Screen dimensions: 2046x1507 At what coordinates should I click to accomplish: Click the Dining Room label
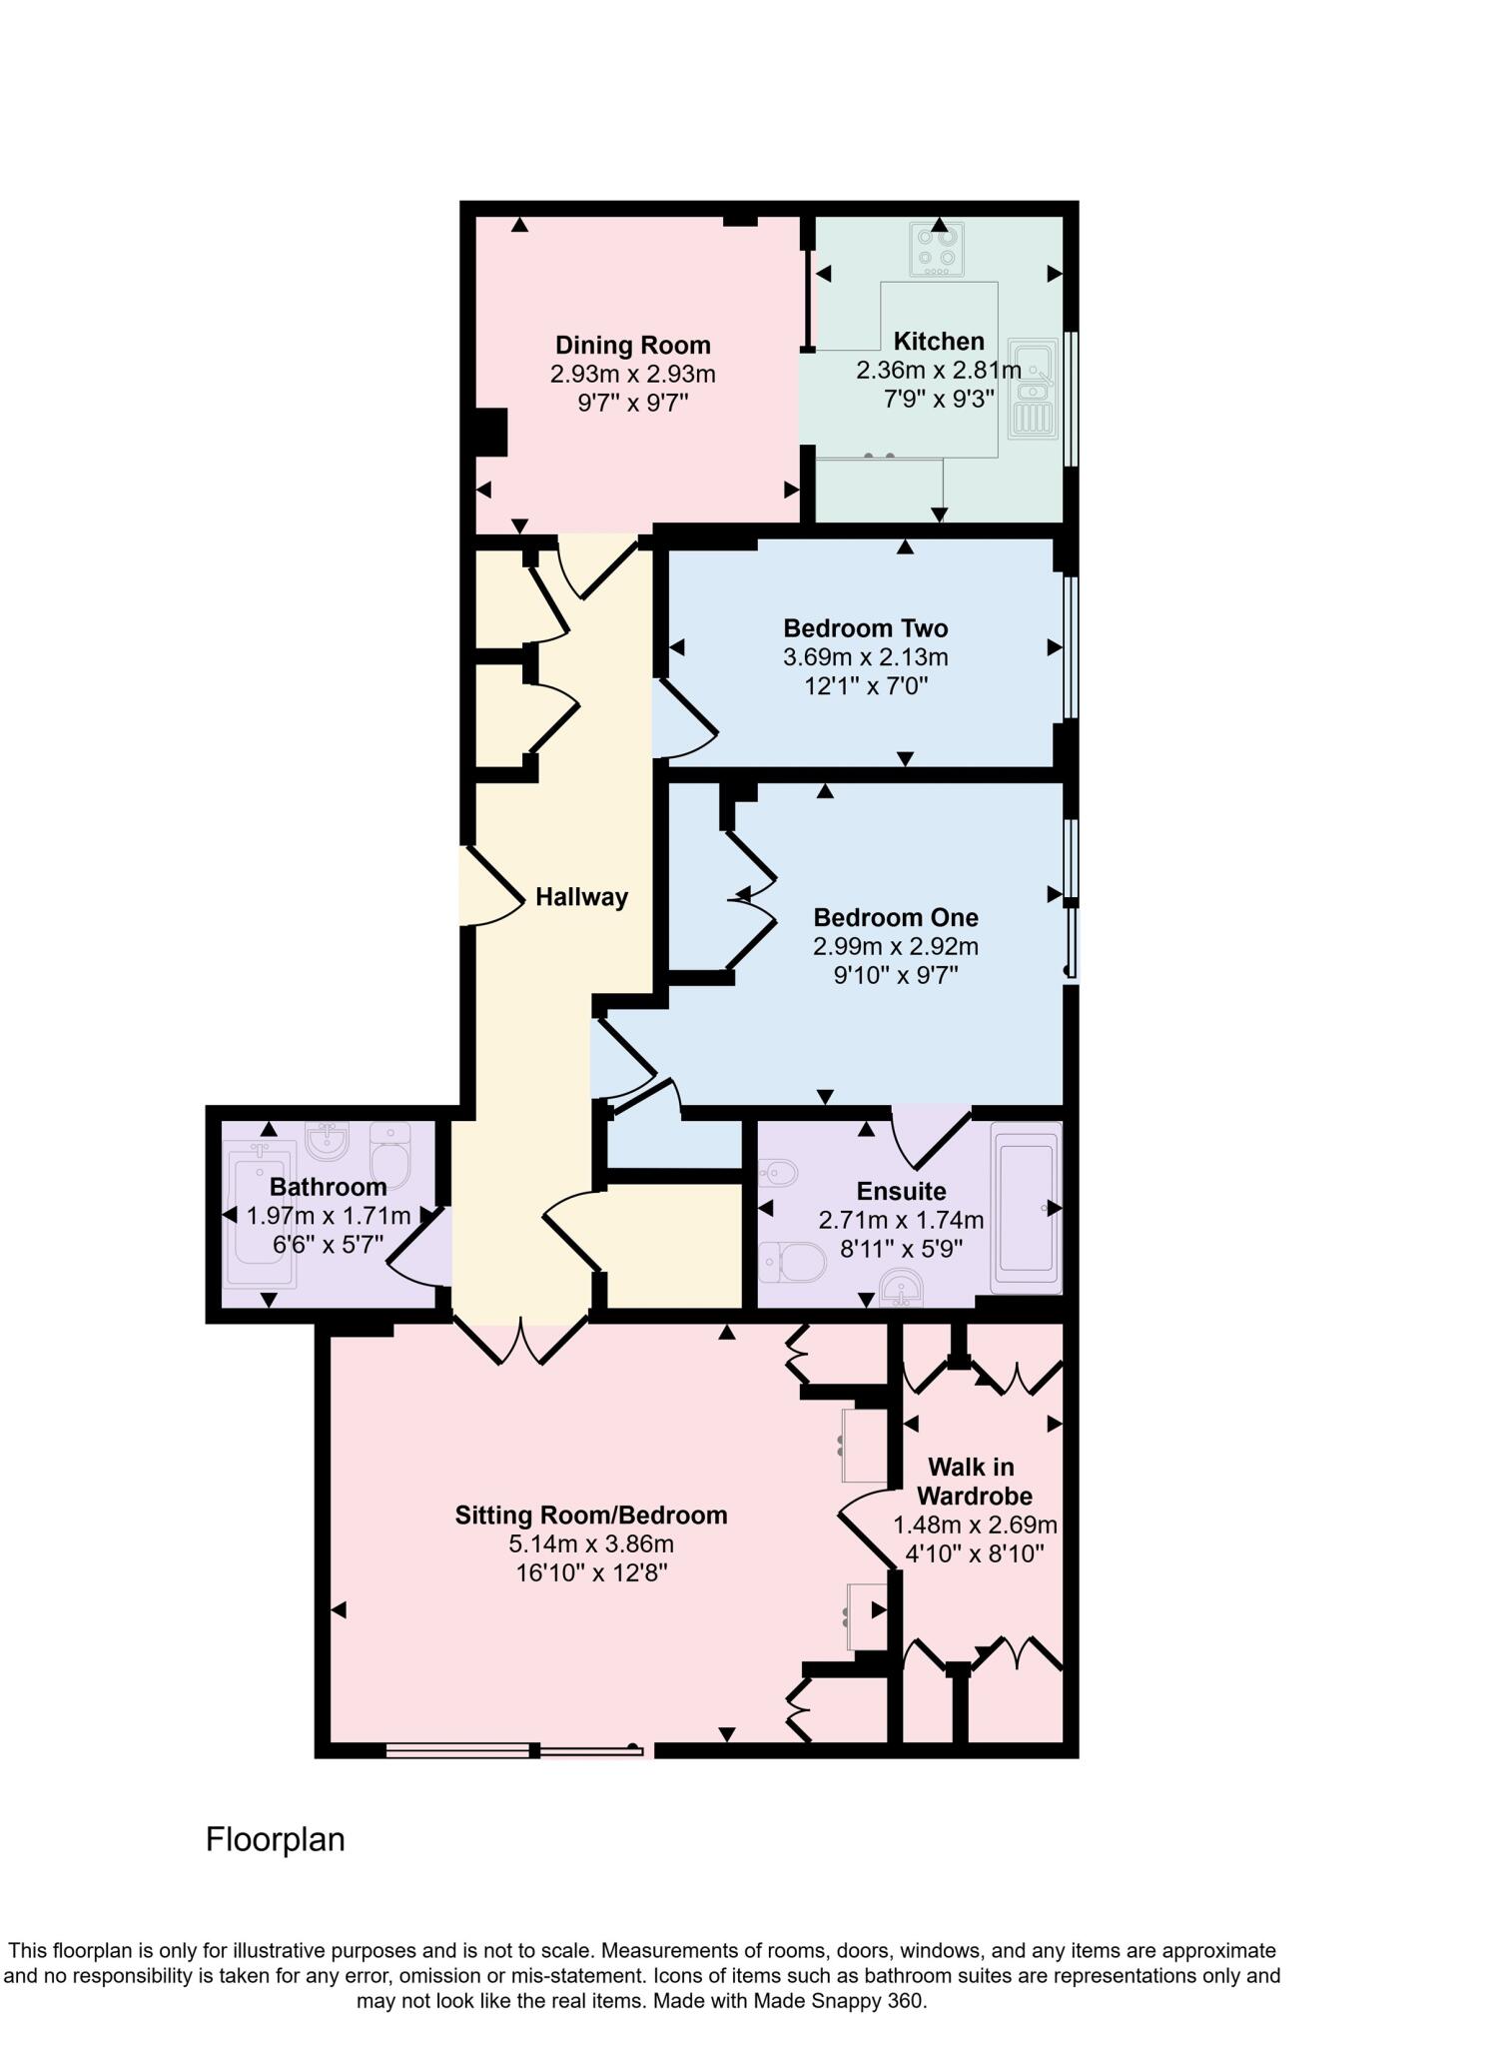(633, 346)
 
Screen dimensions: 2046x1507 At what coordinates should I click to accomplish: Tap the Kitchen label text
(938, 342)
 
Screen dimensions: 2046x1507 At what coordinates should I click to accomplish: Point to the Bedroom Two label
(865, 628)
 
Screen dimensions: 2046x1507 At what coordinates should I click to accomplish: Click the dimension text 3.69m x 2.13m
(865, 657)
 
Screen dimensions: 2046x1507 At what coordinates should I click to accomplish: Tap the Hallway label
(581, 897)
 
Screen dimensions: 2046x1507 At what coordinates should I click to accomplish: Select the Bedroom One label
(895, 917)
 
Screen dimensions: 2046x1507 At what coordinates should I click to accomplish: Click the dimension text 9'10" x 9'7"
(895, 975)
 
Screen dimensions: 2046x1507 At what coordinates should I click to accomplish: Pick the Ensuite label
(901, 1191)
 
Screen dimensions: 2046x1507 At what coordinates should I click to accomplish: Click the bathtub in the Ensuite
(1026, 1208)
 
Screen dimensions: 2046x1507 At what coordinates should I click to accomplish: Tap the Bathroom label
(328, 1187)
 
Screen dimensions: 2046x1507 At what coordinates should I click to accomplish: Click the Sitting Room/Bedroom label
(591, 1516)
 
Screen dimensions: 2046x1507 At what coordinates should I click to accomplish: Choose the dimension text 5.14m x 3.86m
(591, 1544)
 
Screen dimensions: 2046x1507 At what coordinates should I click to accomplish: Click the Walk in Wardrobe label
(973, 1482)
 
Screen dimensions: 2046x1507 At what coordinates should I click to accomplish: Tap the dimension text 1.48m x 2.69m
(974, 1526)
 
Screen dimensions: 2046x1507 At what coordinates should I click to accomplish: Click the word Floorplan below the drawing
(275, 1839)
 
